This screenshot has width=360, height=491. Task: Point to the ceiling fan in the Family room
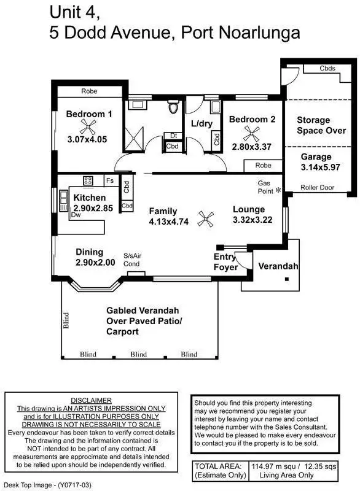pyautogui.click(x=208, y=216)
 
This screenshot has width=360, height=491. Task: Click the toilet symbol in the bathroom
pyautogui.click(x=173, y=108)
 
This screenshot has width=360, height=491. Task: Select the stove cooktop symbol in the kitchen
pyautogui.click(x=88, y=180)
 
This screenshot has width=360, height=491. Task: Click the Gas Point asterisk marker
pyautogui.click(x=278, y=191)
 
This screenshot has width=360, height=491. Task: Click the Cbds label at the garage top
pyautogui.click(x=327, y=69)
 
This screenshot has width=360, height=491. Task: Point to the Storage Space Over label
pyautogui.click(x=321, y=125)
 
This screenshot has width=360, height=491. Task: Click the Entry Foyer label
pyautogui.click(x=225, y=262)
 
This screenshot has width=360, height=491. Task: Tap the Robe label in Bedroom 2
pyautogui.click(x=263, y=166)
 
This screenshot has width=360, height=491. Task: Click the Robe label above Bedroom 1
pyautogui.click(x=89, y=91)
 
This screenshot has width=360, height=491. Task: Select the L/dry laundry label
pyautogui.click(x=201, y=123)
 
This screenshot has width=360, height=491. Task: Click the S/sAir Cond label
pyautogui.click(x=132, y=260)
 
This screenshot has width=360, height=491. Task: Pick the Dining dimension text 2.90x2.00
pyautogui.click(x=95, y=262)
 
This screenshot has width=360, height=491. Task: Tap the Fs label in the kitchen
pyautogui.click(x=109, y=180)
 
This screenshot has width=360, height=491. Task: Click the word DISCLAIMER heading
pyautogui.click(x=91, y=400)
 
